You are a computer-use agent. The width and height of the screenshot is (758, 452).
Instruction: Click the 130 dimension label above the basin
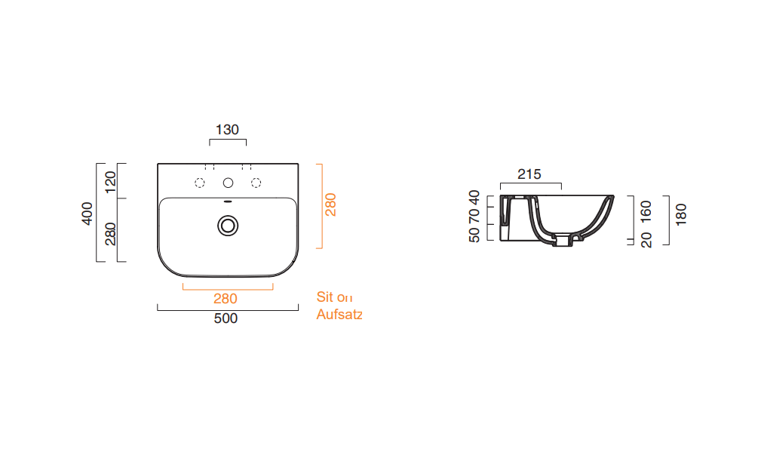click(227, 130)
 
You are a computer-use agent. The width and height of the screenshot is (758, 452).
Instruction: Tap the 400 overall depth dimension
click(87, 214)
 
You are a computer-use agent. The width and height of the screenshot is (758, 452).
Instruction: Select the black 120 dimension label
click(111, 182)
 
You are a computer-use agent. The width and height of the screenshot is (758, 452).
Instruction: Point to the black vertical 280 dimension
click(111, 234)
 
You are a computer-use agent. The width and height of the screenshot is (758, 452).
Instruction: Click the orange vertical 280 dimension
click(330, 204)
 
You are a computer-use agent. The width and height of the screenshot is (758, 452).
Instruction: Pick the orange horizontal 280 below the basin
click(226, 299)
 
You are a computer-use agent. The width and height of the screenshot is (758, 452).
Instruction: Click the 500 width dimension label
click(226, 318)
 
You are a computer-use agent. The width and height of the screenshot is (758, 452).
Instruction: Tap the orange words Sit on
click(335, 297)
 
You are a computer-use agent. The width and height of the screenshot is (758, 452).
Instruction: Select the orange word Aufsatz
click(339, 314)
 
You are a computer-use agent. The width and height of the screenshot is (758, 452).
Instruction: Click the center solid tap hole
click(229, 183)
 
